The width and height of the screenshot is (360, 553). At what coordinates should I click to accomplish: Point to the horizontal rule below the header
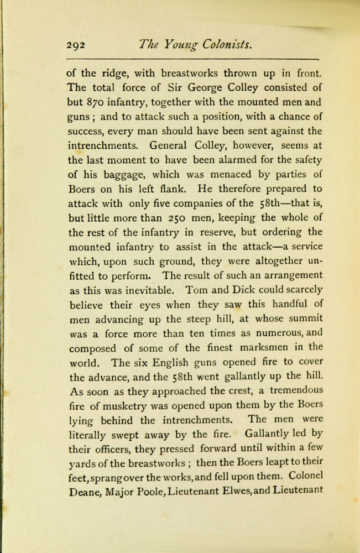(x=193, y=59)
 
